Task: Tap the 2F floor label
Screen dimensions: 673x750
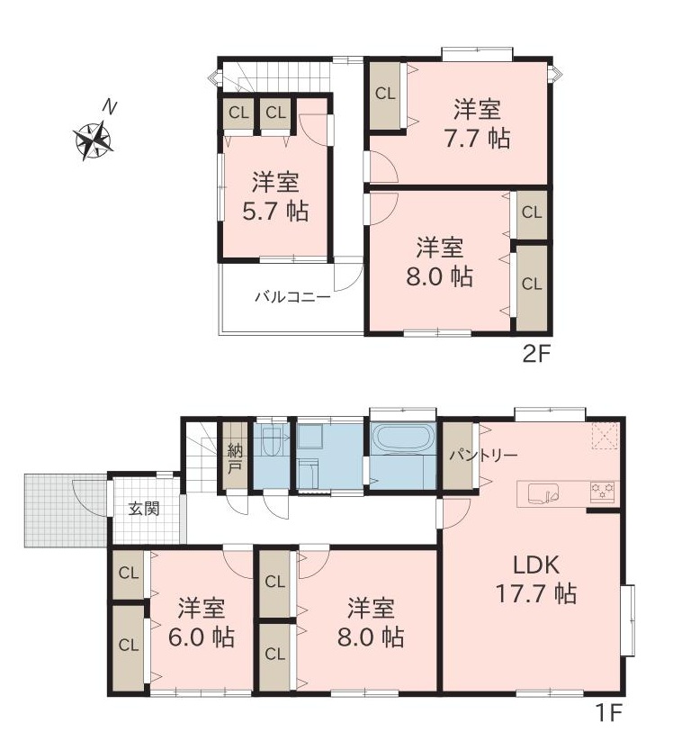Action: pos(537,355)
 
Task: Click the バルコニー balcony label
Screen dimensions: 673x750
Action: pos(292,297)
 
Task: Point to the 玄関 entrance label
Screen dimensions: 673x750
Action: pos(144,509)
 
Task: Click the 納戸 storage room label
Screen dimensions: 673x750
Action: pos(234,458)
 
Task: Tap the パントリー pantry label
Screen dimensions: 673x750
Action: pos(483,455)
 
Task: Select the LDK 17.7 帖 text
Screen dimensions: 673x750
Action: pos(536,580)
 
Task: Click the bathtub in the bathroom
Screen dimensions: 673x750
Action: pos(403,437)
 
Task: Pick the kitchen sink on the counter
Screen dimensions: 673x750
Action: pos(544,494)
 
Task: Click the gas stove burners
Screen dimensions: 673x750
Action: pos(602,492)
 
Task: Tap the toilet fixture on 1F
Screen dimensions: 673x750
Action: pos(271,441)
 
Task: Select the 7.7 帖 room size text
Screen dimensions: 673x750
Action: pos(477,139)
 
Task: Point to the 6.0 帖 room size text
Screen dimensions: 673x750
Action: pos(201,637)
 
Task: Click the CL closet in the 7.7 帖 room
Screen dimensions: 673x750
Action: pos(385,95)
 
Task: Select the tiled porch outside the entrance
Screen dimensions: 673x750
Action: pos(67,511)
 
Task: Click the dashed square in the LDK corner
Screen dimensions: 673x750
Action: pos(606,437)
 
